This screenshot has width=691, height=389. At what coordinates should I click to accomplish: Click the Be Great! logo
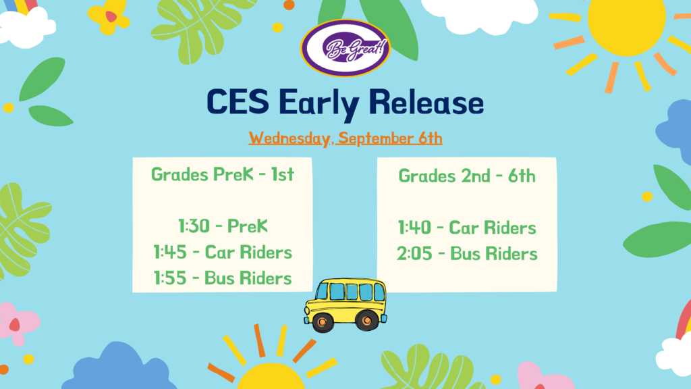pos(345,48)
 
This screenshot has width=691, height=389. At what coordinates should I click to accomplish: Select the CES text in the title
pos(238,102)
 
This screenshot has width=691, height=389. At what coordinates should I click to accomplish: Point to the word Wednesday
pos(289,138)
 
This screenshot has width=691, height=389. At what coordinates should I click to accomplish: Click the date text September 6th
pos(390,138)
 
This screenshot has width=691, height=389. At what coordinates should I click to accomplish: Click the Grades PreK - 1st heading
pos(223,175)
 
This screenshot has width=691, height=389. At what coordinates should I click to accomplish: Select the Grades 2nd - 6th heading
pos(467,176)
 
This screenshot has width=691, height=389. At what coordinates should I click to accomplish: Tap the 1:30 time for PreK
pos(194,226)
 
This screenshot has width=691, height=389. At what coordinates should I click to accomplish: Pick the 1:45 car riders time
pos(169,253)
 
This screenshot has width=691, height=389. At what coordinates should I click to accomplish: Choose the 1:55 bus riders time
pos(169,278)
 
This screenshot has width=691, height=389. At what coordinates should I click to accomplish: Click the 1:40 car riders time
pos(414,228)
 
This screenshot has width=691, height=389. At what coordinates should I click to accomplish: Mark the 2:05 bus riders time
pos(414,254)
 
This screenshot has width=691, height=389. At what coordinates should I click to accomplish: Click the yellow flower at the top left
pos(109,18)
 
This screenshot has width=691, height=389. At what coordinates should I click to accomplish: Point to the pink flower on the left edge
pos(17,323)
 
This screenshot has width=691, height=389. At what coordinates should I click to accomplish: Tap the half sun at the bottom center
pos(271,376)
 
